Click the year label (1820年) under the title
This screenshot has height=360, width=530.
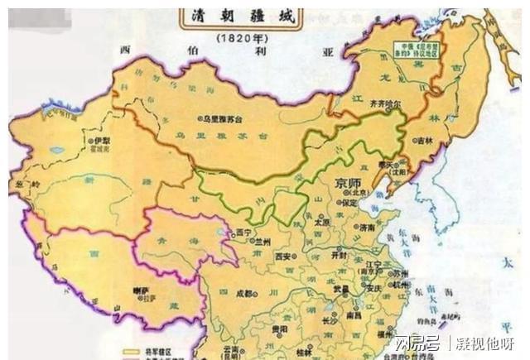(239, 38)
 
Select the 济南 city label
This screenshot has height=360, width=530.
(369, 225)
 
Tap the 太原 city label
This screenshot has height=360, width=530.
(322, 223)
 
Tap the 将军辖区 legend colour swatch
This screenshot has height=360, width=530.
(130, 350)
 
